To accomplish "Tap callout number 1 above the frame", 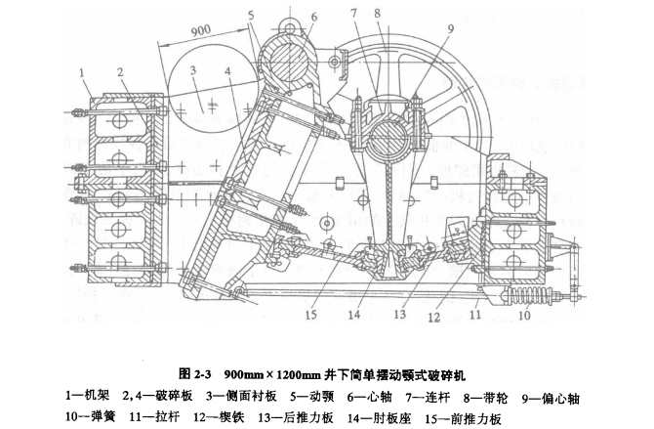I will coord(85,72).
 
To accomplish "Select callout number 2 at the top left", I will coord(118,72).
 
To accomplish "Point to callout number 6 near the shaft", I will coord(314,18).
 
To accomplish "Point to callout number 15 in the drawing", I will coord(310,314).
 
